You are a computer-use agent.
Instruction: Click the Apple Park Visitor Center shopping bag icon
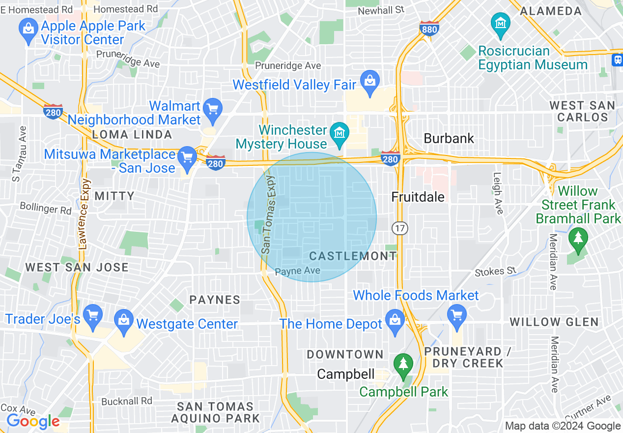click(28, 28)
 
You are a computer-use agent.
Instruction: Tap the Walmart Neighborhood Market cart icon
click(213, 108)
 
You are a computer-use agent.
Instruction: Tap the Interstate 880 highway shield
click(429, 29)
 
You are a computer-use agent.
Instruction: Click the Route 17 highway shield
click(400, 228)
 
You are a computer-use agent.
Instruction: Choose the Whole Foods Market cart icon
click(457, 313)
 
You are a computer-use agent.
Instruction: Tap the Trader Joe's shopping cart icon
click(92, 314)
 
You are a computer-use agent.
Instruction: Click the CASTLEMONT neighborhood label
click(353, 256)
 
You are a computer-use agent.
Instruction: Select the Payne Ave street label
click(297, 271)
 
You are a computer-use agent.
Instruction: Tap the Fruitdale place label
click(418, 197)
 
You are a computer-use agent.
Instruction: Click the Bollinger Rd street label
click(46, 208)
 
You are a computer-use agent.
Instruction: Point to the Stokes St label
click(496, 272)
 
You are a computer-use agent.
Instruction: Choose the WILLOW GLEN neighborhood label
click(554, 322)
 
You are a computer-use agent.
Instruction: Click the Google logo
click(33, 421)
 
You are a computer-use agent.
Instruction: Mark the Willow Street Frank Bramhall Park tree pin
click(578, 238)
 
